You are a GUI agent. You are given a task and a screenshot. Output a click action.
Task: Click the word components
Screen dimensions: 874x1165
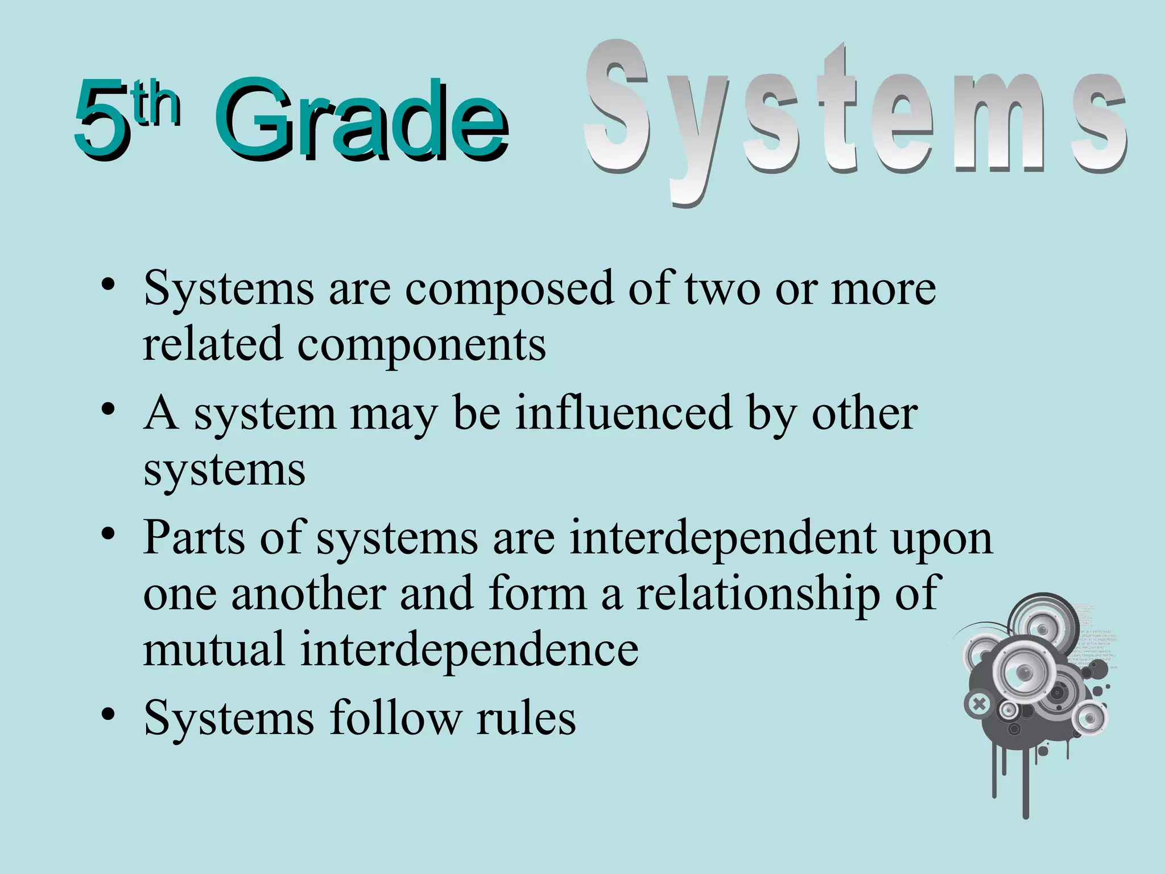click(x=421, y=345)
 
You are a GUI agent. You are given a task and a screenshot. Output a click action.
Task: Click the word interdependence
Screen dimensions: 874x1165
click(x=469, y=650)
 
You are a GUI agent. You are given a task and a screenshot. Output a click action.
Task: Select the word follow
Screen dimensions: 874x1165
click(x=395, y=718)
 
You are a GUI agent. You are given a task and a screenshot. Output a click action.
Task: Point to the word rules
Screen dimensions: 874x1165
click(x=526, y=718)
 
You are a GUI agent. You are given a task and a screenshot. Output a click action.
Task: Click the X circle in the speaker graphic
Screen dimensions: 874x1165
click(x=978, y=704)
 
